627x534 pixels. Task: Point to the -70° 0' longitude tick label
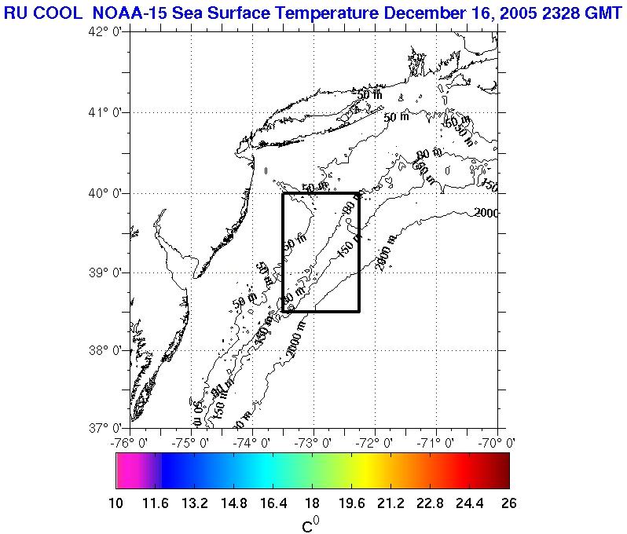[497, 443]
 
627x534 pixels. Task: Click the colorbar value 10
[115, 503]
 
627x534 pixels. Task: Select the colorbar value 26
[509, 503]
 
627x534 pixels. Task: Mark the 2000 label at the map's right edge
[487, 213]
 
